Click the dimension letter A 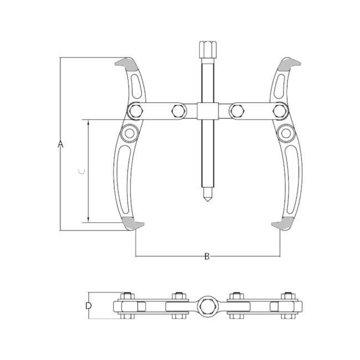pos(61,145)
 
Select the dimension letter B pos(207,256)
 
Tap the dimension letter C pos(81,172)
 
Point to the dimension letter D pos(88,306)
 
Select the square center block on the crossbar pos(207,110)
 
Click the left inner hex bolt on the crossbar pos(177,110)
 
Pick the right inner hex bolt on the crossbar pos(236,110)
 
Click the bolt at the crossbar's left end pos(134,111)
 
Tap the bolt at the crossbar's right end pos(281,111)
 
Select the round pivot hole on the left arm pos(130,133)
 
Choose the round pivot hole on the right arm pos(285,133)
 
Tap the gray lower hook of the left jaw pos(133,223)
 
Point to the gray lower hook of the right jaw pos(282,223)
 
